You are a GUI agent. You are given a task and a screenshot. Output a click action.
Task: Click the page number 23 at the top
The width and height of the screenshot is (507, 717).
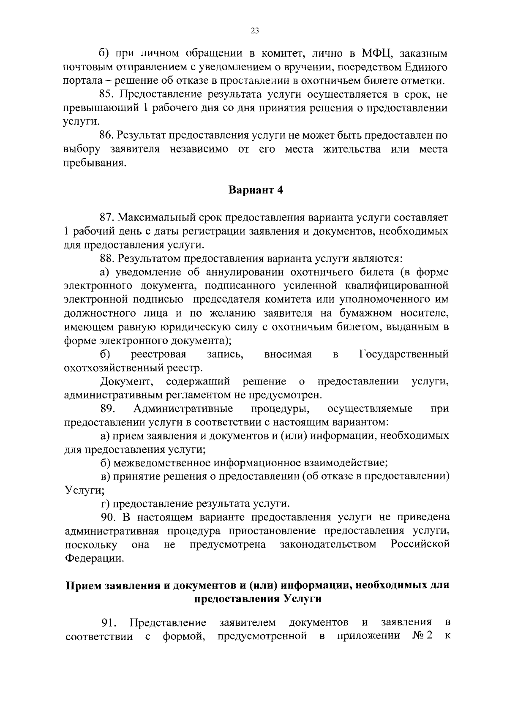(254, 30)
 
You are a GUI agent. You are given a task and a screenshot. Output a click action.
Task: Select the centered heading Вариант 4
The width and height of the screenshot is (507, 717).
(256, 190)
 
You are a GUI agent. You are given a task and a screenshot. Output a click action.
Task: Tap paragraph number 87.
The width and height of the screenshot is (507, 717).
(106, 218)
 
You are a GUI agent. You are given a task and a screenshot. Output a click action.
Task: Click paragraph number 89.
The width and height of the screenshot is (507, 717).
(109, 409)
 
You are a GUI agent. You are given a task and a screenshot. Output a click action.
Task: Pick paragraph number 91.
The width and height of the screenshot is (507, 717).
(109, 623)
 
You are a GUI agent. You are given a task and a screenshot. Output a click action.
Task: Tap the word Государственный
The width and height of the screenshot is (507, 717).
(403, 354)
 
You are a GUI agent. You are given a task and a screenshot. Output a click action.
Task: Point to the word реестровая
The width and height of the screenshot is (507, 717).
(158, 354)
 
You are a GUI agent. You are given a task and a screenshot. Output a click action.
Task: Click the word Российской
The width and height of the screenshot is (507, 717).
(420, 544)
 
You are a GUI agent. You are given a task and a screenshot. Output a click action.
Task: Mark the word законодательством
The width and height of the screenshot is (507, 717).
(328, 544)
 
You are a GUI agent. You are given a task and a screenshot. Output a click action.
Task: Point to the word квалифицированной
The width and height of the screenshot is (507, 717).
(396, 286)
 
